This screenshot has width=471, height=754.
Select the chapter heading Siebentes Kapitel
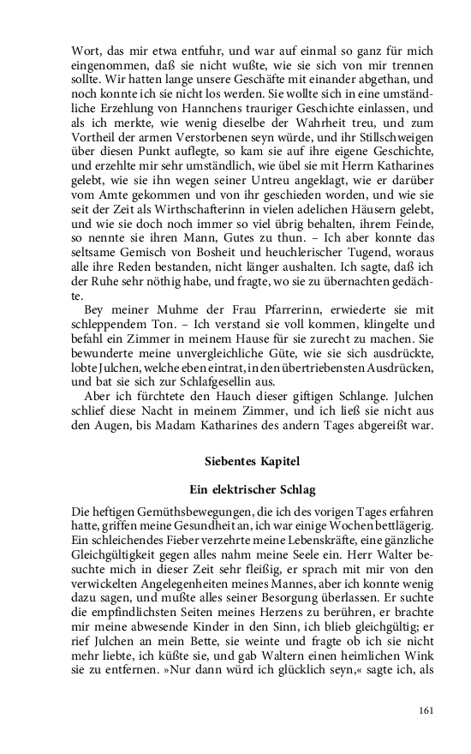click(253, 461)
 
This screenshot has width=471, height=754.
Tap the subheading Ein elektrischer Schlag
click(253, 490)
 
